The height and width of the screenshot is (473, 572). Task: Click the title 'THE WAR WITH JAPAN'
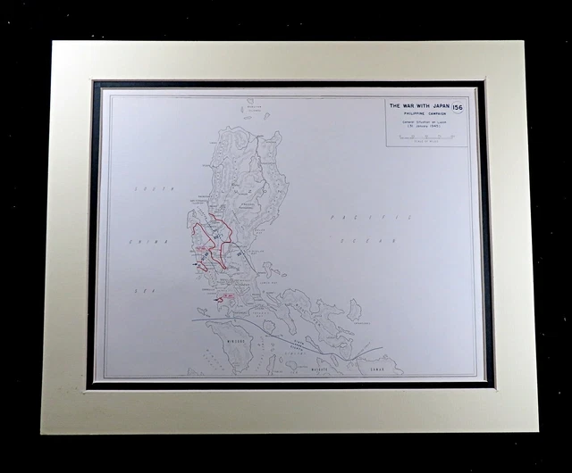click(419, 105)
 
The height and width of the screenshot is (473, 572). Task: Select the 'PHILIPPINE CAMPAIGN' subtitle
click(419, 113)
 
